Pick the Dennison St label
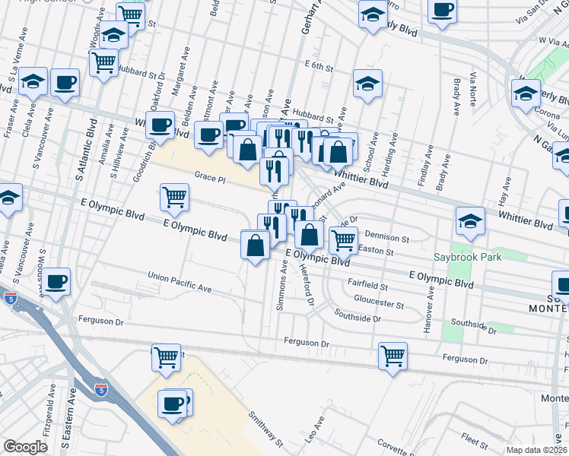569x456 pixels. [x=387, y=236]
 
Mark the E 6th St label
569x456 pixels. [x=318, y=67]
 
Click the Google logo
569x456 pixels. [x=25, y=448]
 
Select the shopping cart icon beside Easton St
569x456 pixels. [x=343, y=239]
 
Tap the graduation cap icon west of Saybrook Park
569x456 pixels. [x=470, y=220]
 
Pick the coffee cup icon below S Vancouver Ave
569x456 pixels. [x=56, y=281]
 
